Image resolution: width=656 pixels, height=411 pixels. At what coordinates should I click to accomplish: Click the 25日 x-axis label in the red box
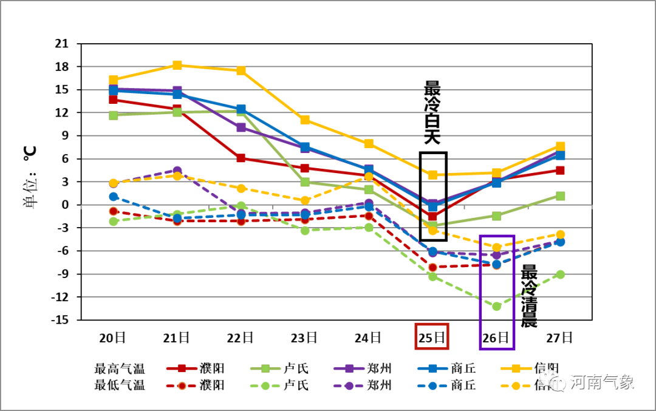tap(432, 337)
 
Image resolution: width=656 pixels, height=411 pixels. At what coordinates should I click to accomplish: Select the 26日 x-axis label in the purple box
tap(496, 337)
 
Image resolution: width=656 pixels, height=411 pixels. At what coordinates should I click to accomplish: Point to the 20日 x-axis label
tap(113, 337)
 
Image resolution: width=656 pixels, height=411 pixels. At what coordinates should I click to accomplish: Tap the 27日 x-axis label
tap(560, 337)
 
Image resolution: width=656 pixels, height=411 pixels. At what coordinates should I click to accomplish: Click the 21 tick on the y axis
tap(61, 44)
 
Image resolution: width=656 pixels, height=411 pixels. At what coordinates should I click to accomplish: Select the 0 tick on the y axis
tap(65, 205)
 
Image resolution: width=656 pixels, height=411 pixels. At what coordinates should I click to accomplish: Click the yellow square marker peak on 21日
tap(177, 65)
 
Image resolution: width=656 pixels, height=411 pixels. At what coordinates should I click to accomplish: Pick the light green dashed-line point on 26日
tap(496, 306)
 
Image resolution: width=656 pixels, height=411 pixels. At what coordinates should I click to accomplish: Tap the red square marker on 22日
tap(241, 158)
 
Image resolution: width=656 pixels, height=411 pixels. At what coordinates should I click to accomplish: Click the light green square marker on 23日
tap(305, 182)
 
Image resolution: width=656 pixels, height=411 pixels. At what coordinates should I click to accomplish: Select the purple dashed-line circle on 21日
tap(177, 171)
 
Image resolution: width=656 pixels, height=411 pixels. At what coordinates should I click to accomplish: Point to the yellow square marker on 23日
tap(305, 120)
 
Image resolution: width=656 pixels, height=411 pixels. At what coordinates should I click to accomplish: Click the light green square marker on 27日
tap(560, 195)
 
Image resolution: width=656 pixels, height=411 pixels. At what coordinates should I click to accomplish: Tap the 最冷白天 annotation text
tap(432, 112)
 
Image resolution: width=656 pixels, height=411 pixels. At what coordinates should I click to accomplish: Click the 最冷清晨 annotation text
tap(529, 296)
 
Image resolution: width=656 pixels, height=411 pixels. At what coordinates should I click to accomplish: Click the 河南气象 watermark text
tap(601, 382)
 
